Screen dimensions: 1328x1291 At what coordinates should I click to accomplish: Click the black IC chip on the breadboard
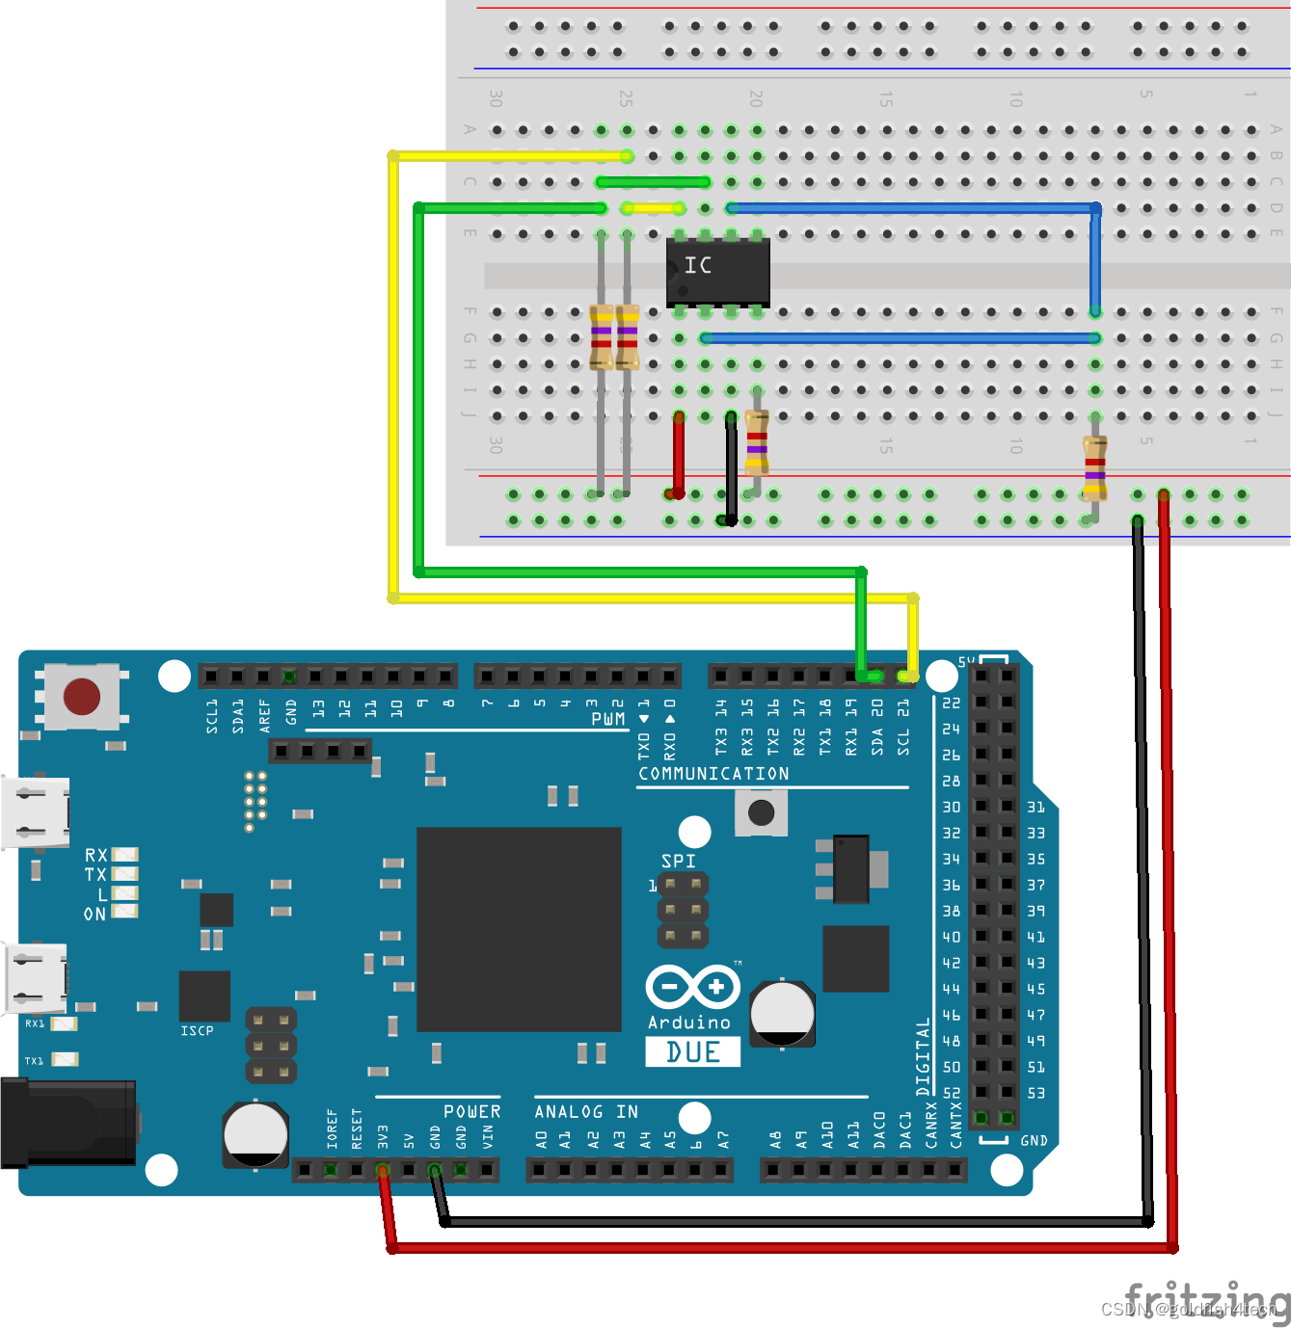[718, 272]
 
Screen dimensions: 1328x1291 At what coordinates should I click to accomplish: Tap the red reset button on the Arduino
[81, 696]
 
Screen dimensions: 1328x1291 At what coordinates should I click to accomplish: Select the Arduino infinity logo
[692, 988]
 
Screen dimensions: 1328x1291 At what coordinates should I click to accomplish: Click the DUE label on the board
[692, 1051]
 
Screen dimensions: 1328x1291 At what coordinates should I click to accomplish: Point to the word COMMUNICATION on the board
[713, 774]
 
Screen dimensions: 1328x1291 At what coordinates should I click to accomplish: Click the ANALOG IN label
[586, 1112]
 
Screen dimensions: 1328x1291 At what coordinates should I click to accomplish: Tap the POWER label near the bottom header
[471, 1112]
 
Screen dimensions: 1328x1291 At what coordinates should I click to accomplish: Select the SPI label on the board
[678, 861]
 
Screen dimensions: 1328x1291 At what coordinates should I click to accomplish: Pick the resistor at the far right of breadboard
[1094, 468]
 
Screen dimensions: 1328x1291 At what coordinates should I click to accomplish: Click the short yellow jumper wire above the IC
[653, 208]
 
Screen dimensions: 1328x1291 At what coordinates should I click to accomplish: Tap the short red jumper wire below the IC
[679, 455]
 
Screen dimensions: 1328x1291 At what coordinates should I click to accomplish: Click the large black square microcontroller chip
[519, 929]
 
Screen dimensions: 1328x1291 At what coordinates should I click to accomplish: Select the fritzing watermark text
[1205, 1301]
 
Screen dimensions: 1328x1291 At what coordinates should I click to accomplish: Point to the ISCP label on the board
[197, 1031]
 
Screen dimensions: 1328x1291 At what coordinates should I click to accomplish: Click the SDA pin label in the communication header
[877, 740]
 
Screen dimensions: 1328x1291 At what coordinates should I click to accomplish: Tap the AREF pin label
[265, 716]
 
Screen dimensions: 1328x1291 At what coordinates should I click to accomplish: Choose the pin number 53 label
[1035, 1093]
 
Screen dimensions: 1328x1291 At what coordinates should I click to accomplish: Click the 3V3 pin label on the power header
[383, 1136]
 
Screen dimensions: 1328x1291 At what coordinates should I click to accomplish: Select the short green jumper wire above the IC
[653, 182]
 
